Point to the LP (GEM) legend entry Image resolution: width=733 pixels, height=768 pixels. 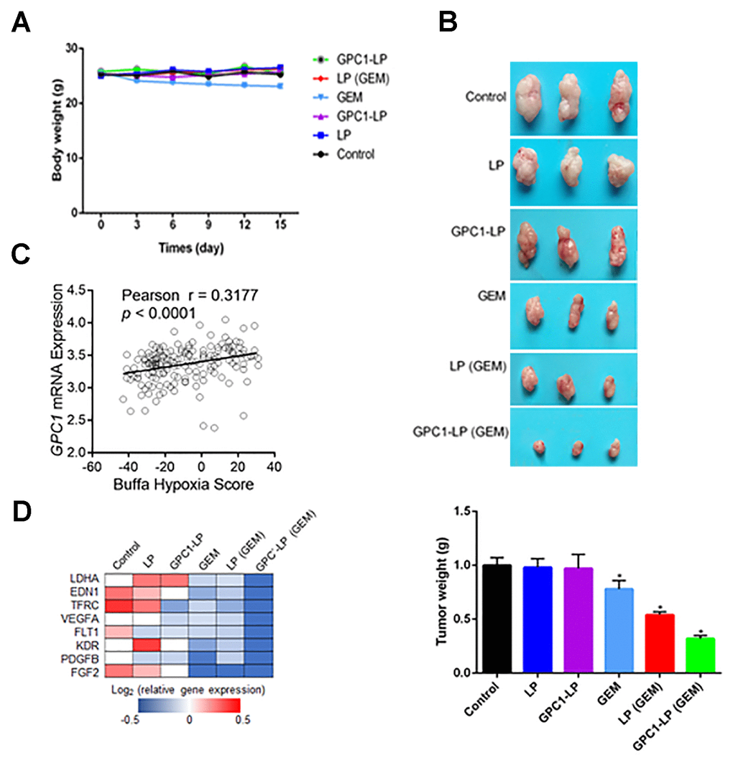tap(362, 77)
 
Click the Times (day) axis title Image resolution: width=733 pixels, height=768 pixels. tap(190, 248)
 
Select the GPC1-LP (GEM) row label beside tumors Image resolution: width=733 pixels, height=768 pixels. tap(459, 432)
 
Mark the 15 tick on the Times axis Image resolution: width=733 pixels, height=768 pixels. tap(280, 225)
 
